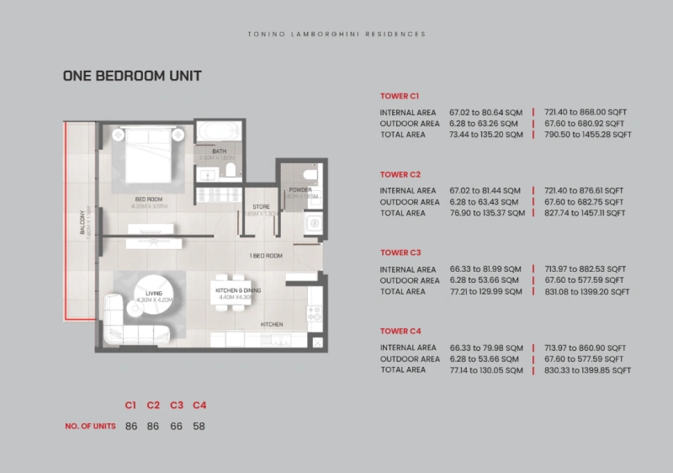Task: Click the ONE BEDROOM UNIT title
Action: [x=132, y=76]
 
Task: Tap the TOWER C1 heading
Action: [x=400, y=97]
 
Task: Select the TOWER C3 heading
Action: [x=400, y=252]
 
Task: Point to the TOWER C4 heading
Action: [x=400, y=331]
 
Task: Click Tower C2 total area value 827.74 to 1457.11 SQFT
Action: [x=586, y=214]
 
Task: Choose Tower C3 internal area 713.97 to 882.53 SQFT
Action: [x=586, y=269]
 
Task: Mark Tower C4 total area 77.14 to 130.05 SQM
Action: [x=486, y=370]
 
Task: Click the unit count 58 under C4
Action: [x=199, y=427]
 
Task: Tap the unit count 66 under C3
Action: [x=177, y=427]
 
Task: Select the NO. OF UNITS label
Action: [x=90, y=427]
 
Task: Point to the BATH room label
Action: [x=219, y=152]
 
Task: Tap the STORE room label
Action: [x=260, y=206]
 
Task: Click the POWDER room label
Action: [x=299, y=190]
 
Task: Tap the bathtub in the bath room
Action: [x=219, y=131]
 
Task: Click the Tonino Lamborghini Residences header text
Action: [x=336, y=35]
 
